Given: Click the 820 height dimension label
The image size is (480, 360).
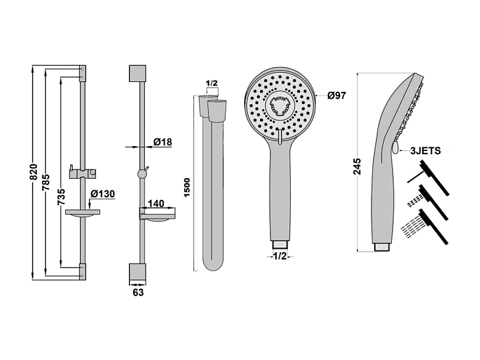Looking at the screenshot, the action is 34,172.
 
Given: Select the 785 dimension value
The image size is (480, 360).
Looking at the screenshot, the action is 47,182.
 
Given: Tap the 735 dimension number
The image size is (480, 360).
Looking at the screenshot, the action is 62,197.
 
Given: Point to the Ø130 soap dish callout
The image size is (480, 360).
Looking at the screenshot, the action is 103,194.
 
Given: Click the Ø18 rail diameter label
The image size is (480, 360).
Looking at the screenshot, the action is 163,142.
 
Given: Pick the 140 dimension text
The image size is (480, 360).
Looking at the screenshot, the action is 156,203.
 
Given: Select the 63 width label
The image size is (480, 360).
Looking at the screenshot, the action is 138,292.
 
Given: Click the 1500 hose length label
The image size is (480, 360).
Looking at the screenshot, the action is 187,187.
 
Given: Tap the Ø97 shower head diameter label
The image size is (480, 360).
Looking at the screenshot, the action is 336,96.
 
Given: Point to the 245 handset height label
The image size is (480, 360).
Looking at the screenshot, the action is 357,166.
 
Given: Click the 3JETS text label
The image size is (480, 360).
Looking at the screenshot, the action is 426,150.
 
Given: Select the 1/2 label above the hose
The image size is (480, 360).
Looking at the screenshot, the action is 211,83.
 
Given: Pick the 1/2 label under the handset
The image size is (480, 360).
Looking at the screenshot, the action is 280,256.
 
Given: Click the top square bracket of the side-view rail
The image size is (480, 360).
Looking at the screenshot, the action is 137,73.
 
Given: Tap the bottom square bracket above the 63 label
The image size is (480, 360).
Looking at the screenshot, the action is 137,272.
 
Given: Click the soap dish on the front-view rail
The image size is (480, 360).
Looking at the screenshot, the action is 83,213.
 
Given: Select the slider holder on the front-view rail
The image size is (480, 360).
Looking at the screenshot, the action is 83,173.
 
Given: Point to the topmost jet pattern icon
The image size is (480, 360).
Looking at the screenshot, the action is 429,178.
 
